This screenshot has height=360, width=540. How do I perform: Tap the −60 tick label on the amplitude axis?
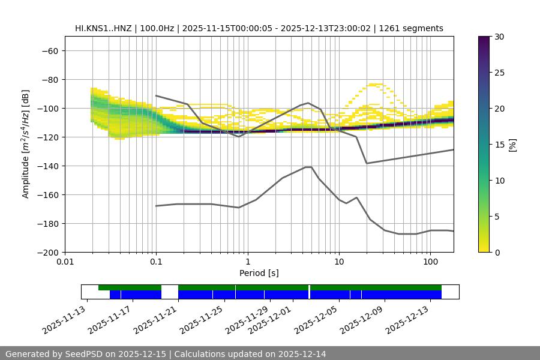point(49,50)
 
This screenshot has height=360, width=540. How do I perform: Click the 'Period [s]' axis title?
point(259,273)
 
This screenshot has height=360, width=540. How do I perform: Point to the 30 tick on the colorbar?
point(499,37)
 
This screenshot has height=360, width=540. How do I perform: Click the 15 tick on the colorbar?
point(499,144)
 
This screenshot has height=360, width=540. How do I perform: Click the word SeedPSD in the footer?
point(88,354)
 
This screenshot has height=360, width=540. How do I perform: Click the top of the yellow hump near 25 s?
point(376,85)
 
